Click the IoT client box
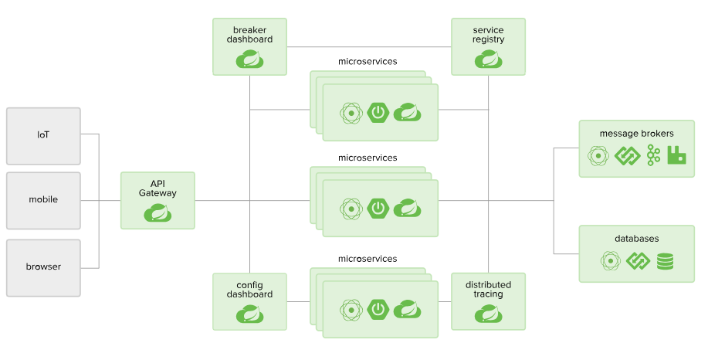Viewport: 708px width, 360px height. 43,135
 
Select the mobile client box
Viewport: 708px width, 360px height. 43,200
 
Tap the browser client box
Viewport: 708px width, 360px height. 43,267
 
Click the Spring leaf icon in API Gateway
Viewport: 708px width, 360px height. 158,212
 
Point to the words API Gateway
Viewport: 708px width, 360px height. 158,188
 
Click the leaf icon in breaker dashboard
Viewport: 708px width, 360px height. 249,59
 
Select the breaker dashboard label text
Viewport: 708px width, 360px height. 249,35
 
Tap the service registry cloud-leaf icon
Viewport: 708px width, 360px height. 488,59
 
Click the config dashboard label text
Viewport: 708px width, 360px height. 249,290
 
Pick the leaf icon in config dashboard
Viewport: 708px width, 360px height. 249,313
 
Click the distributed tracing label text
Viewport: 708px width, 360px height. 488,290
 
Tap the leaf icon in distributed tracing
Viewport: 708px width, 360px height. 488,313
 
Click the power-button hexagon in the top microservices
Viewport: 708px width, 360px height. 378,113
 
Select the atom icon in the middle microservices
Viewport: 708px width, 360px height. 351,208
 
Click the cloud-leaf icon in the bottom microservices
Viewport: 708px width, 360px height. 407,309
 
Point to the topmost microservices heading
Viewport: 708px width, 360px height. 368,60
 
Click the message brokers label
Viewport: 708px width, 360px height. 636,134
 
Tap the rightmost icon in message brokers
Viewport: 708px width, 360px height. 677,155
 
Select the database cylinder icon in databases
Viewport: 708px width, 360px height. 665,261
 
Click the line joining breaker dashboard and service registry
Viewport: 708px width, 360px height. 368,46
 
